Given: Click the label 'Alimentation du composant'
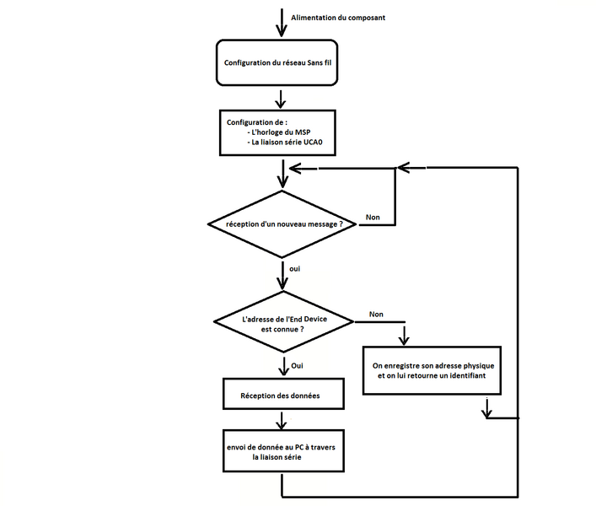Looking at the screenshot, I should click(x=337, y=17).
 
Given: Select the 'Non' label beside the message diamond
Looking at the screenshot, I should click(x=372, y=217).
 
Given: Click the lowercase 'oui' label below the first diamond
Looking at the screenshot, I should click(x=294, y=268).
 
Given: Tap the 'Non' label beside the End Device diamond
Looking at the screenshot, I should click(x=376, y=314).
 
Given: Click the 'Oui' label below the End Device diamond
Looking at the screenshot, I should click(x=297, y=366).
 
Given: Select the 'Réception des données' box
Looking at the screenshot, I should click(x=280, y=394).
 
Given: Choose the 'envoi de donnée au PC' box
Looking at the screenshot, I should click(x=282, y=450).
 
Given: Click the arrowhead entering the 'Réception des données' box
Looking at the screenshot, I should click(x=281, y=373).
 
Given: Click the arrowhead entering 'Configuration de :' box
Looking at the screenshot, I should click(x=281, y=104).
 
